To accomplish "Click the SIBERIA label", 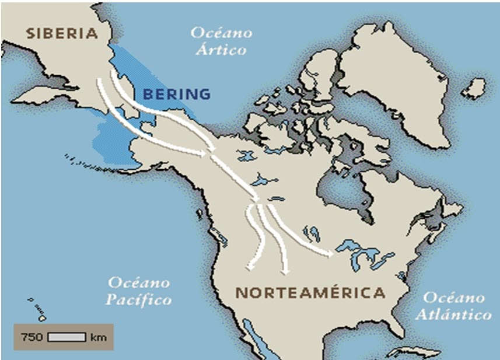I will tap(61, 33).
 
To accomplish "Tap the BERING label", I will tap(176, 94).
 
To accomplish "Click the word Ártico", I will tap(221, 49).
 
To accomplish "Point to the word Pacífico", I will tap(139, 300).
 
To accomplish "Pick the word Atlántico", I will tap(457, 314).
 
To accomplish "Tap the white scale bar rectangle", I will tap(67, 337).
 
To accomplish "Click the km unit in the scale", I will tap(97, 337).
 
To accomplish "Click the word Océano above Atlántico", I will tap(453, 297).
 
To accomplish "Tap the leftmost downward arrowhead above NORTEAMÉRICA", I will tap(251, 267).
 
